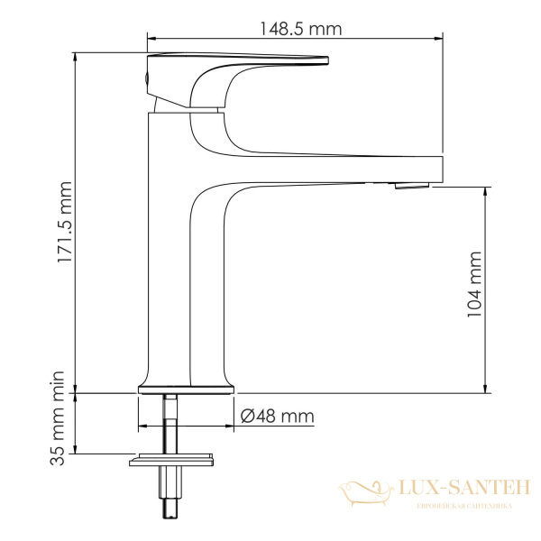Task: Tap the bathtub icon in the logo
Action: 365,492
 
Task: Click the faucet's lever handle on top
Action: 234,63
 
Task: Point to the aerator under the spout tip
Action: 409,187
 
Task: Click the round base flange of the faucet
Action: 186,390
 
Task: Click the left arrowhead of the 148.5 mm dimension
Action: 150,39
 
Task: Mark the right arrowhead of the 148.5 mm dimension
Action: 440,39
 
